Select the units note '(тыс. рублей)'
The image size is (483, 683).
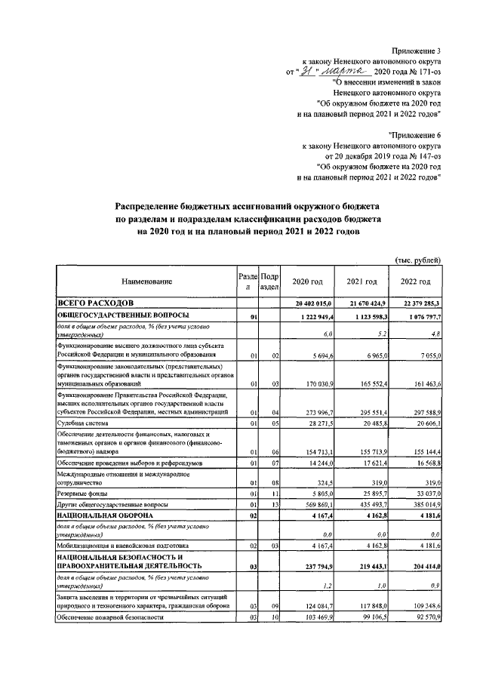418,260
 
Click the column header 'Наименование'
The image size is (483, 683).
147,282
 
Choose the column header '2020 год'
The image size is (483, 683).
307,282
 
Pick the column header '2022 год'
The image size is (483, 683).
415,282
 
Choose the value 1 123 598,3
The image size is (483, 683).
368,315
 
